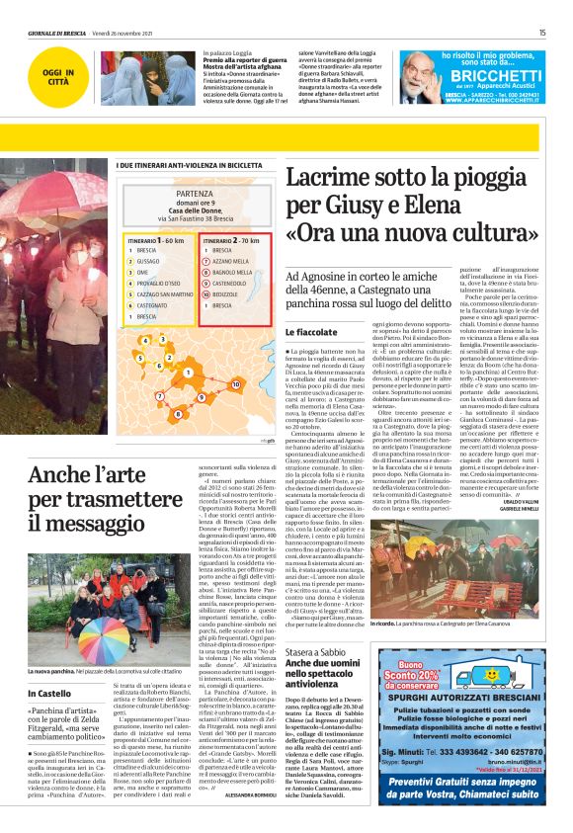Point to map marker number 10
[235, 383]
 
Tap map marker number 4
[145, 339]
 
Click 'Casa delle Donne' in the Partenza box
[192, 209]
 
